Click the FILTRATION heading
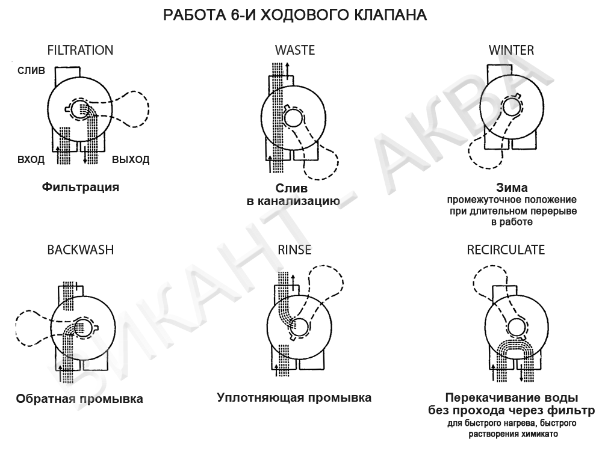click(80, 51)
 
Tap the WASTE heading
click(295, 51)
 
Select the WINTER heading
click(511, 51)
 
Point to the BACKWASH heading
click(81, 250)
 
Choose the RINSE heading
click(294, 250)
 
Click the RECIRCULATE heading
click(506, 250)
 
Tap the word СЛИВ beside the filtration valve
click(31, 70)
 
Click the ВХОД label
click(31, 159)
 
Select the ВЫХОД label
click(131, 159)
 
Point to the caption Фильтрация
click(81, 187)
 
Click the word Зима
click(512, 188)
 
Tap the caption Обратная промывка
click(79, 399)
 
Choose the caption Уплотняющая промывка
click(294, 397)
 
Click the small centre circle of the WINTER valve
click(511, 106)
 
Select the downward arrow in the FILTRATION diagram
click(85, 155)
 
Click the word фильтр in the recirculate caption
click(572, 411)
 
